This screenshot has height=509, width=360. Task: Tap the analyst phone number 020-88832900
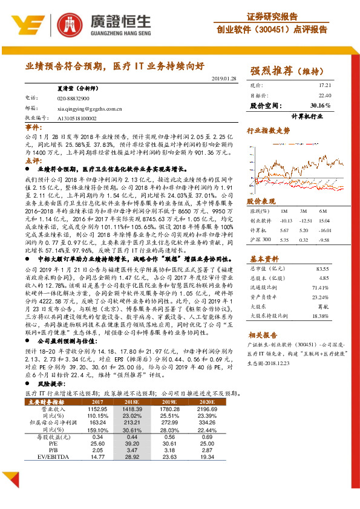tap(73, 98)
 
